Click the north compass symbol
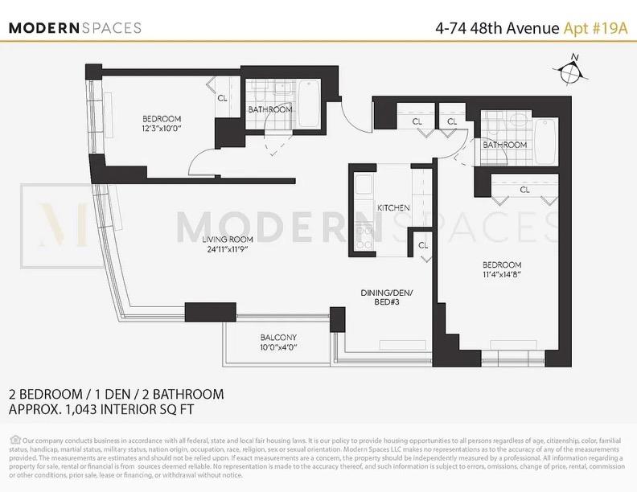click(x=571, y=71)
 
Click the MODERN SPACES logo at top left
click(x=75, y=27)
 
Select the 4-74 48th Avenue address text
click(x=496, y=28)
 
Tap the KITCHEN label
click(x=394, y=208)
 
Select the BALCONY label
click(x=278, y=338)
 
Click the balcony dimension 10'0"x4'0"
click(x=278, y=347)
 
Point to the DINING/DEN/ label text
click(x=387, y=294)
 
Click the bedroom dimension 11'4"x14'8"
click(x=502, y=275)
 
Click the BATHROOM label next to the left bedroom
click(x=270, y=109)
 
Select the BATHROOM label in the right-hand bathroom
click(x=504, y=145)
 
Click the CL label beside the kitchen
click(x=423, y=244)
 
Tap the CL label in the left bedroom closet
click(x=222, y=98)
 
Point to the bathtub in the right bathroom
click(x=545, y=138)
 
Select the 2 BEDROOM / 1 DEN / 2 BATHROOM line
click(x=116, y=394)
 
